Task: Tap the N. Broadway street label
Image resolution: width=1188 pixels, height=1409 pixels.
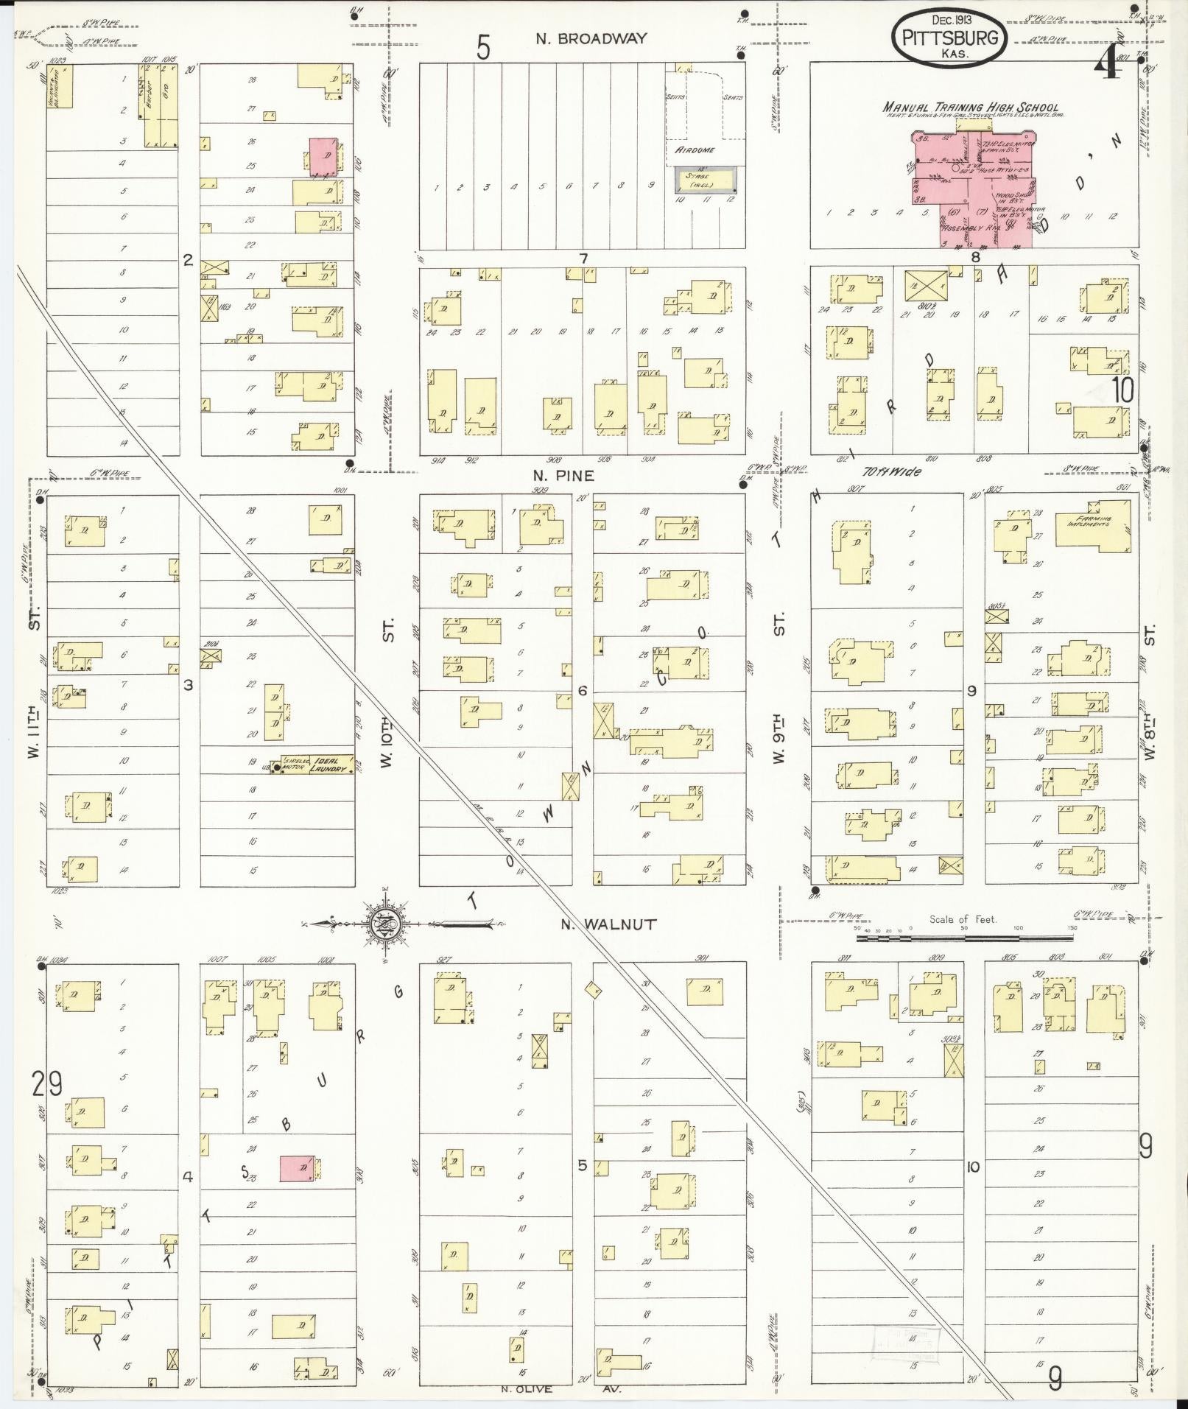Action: tap(591, 39)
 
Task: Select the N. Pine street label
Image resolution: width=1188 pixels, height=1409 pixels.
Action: tap(564, 476)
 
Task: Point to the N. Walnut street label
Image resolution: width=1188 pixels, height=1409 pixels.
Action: tap(608, 924)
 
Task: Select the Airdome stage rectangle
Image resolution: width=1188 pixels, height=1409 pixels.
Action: tap(705, 179)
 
